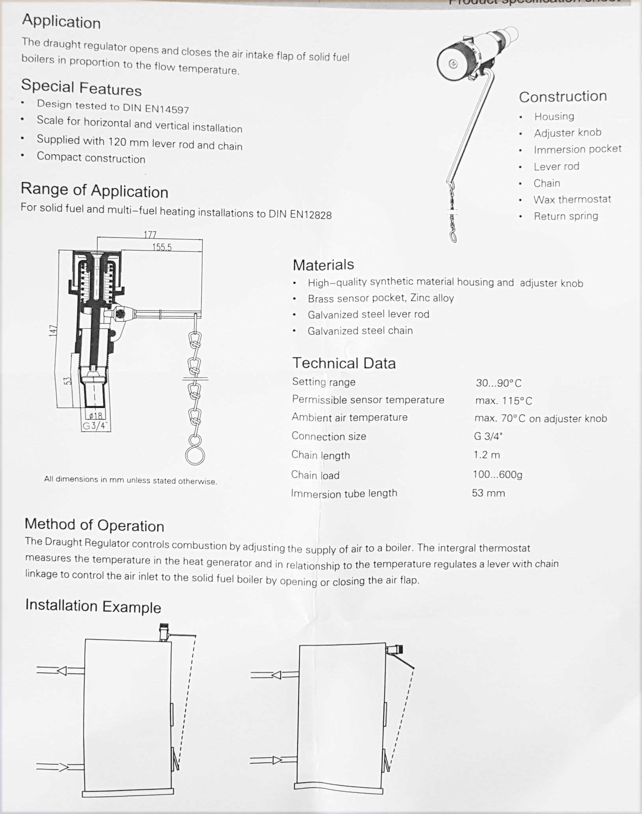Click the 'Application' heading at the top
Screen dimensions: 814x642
coord(61,21)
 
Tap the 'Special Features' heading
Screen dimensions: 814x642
coord(81,88)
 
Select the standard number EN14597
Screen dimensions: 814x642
coord(166,109)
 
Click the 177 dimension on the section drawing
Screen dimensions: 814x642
coord(150,235)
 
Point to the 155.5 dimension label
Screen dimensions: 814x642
coord(162,247)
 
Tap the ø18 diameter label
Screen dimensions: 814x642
coord(95,415)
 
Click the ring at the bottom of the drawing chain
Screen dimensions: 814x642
coord(195,455)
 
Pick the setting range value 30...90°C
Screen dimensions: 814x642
coord(498,383)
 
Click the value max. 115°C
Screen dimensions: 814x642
coord(503,401)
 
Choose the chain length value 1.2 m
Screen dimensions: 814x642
coord(486,455)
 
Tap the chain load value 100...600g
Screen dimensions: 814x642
coord(497,474)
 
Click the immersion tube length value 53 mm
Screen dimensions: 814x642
coord(488,493)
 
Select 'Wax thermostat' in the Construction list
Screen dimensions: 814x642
coord(572,200)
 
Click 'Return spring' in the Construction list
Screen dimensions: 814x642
coord(566,216)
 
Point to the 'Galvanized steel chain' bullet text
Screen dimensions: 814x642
coord(360,331)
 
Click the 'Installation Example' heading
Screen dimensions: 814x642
coord(93,606)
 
